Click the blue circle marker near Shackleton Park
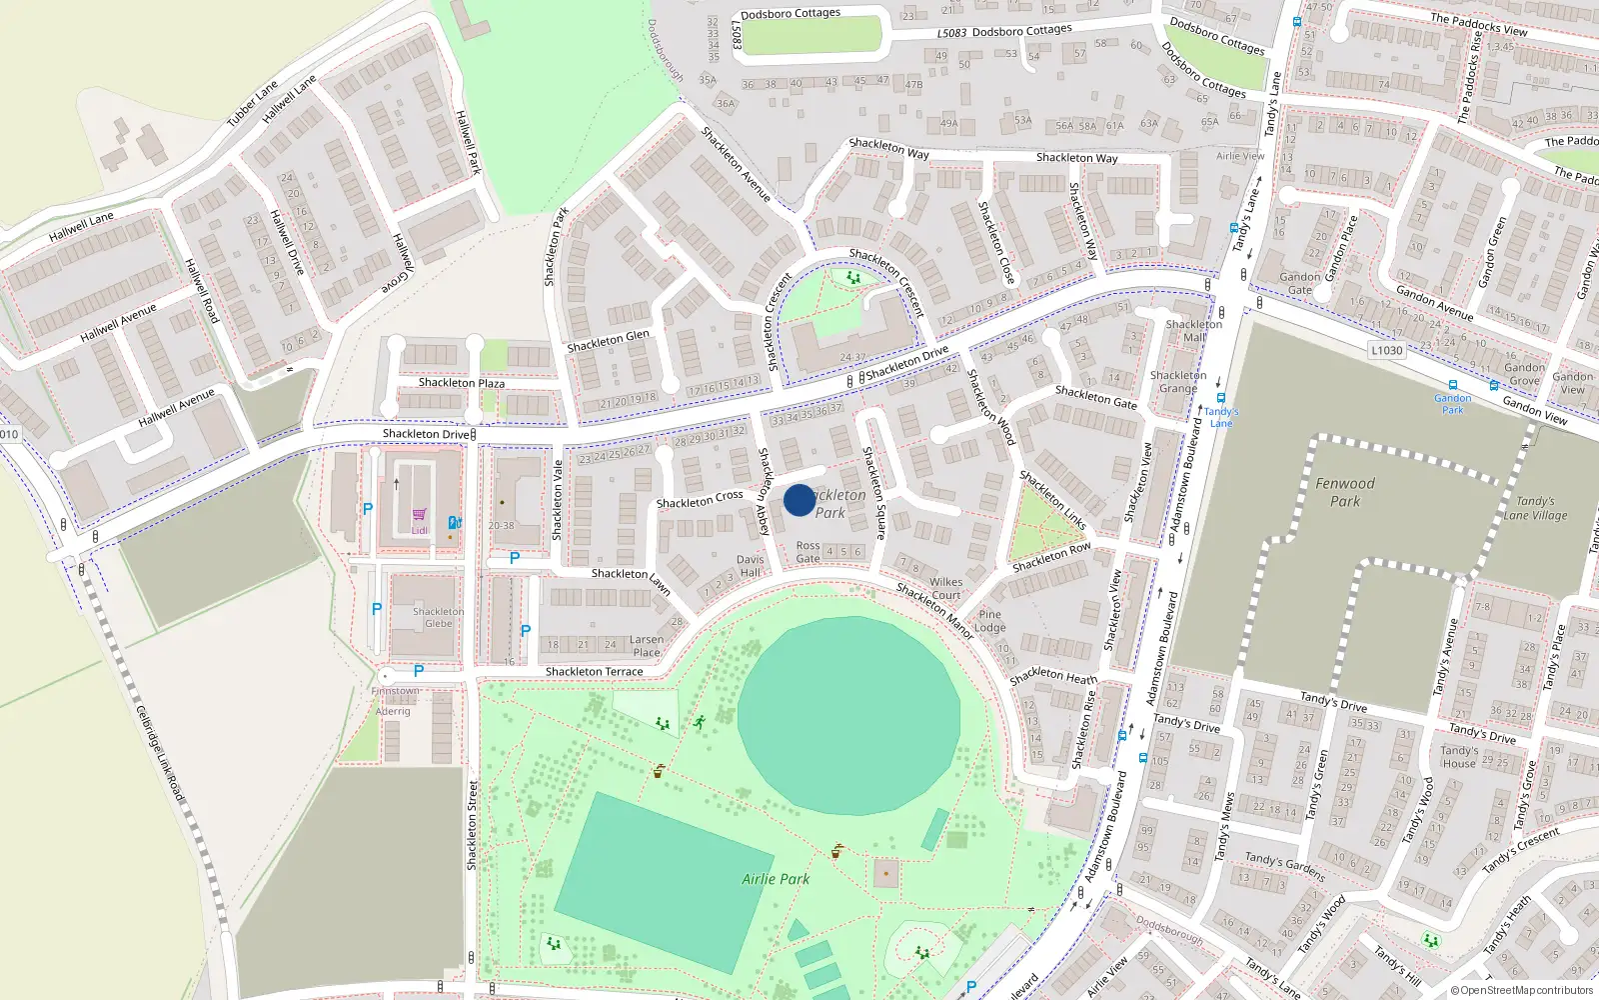pos(799,500)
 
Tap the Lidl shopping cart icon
pos(419,516)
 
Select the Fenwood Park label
pos(1344,492)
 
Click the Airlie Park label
pos(776,879)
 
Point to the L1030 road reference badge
pos(1386,350)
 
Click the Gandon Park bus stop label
pos(1452,404)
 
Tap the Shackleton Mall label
pos(1193,331)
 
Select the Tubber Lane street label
pos(252,104)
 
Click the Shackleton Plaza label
pos(461,383)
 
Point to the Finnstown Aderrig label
pos(395,701)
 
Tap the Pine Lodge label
pos(989,621)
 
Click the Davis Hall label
pos(750,566)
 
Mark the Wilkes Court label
pos(945,588)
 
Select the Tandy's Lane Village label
pos(1535,508)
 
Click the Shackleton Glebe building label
pos(438,617)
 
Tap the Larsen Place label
pos(646,646)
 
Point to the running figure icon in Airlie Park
pos(699,721)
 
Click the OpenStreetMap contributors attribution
pos(1521,990)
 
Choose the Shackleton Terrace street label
pos(594,672)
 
